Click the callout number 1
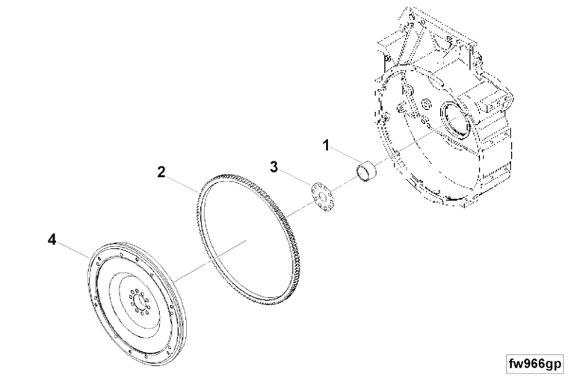coord(326,146)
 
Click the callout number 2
coord(161,172)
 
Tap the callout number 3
coord(274,167)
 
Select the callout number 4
coord(52,239)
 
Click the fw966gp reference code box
coord(535,363)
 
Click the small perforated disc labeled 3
coord(321,197)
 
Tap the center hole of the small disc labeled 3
coord(321,197)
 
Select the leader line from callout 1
coord(345,154)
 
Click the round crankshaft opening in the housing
coord(454,121)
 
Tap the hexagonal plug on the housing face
coord(426,105)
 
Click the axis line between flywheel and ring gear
coord(210,260)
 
